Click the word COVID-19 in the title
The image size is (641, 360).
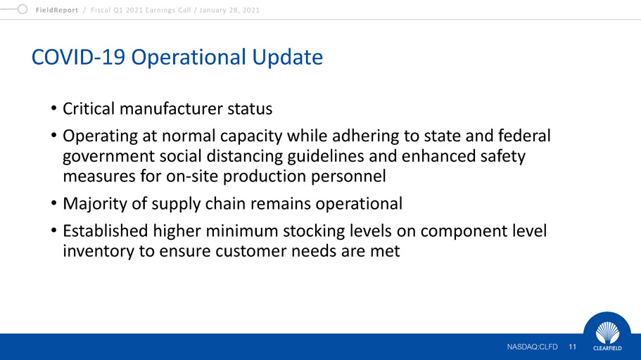tap(78, 57)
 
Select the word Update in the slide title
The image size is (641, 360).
tap(287, 57)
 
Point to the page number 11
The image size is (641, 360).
tap(572, 347)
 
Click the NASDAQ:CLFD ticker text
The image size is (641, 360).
tap(532, 347)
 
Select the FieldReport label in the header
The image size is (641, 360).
tap(57, 11)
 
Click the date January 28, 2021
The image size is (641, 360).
tap(229, 11)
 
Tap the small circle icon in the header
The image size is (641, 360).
tap(23, 9)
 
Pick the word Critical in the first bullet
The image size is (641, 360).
tap(89, 109)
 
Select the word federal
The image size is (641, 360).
tap(524, 136)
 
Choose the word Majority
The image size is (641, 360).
tap(95, 204)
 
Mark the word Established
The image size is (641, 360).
tap(106, 231)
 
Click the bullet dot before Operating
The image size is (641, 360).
tap(53, 135)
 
